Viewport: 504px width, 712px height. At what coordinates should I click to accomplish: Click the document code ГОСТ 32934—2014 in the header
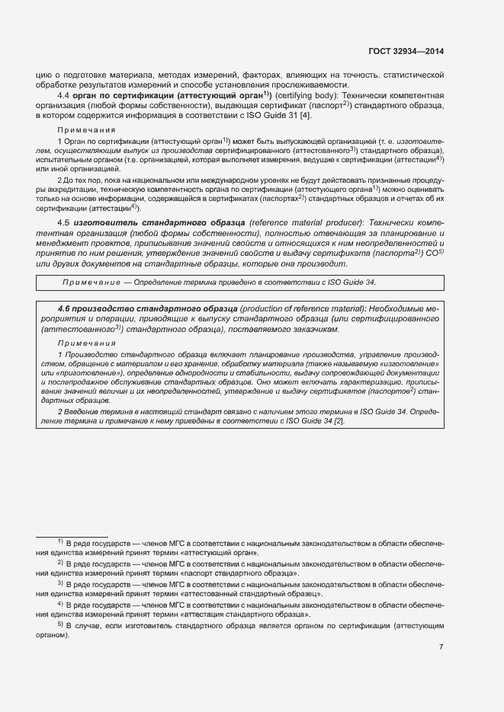point(405,52)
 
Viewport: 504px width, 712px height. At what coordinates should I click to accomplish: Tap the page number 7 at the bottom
point(441,647)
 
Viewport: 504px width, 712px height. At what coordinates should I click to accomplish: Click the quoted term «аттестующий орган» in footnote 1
point(218,553)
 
